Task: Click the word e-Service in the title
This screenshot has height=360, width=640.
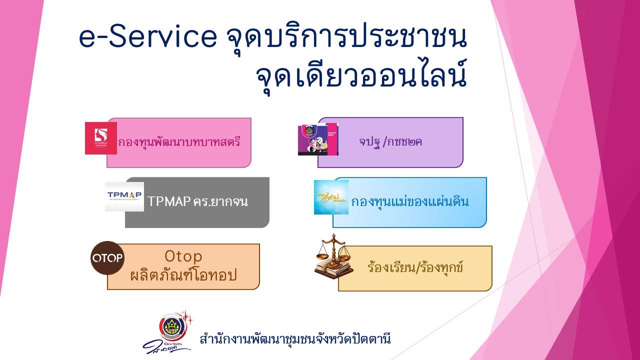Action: pos(148,38)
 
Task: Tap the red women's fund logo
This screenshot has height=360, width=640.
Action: pos(101,138)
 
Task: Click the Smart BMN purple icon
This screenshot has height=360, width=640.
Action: pos(318,139)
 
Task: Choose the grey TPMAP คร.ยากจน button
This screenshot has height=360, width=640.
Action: pos(205,202)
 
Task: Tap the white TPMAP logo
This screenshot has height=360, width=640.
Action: pos(124,196)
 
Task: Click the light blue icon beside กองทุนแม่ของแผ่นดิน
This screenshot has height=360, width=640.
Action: pos(331,197)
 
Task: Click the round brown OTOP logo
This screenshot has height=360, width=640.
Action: pos(107,258)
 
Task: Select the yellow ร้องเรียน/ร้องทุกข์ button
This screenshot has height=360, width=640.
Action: pos(415,268)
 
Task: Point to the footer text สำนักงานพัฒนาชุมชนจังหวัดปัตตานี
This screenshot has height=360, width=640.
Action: pos(295,339)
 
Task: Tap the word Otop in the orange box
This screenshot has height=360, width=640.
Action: pos(183,256)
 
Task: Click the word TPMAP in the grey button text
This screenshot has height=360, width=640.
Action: pos(169,202)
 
